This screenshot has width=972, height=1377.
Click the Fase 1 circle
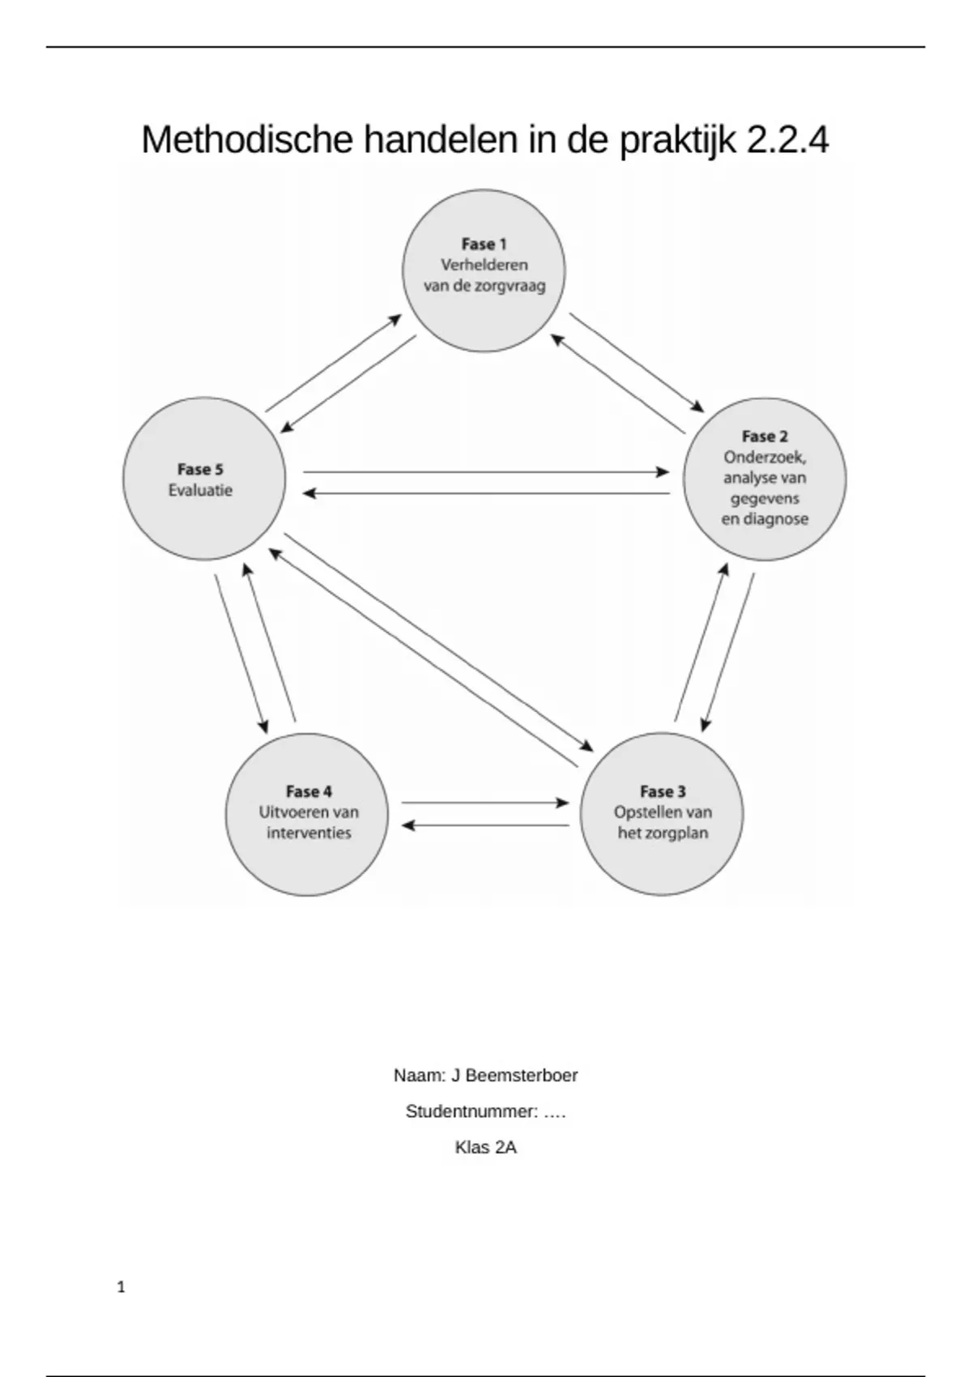click(484, 271)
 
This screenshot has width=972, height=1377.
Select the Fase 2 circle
click(765, 479)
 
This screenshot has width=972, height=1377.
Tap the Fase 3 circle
click(662, 813)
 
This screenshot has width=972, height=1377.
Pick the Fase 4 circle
click(307, 813)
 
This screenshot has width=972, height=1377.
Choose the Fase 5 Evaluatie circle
click(204, 479)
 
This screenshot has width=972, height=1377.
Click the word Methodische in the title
click(247, 140)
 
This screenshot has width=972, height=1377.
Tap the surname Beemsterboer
click(522, 1076)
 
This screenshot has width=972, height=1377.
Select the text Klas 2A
click(485, 1147)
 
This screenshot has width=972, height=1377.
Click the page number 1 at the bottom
click(122, 1287)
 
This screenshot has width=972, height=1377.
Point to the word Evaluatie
click(200, 490)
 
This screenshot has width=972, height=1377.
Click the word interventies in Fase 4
click(309, 833)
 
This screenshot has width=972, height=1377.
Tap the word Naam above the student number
click(418, 1076)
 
